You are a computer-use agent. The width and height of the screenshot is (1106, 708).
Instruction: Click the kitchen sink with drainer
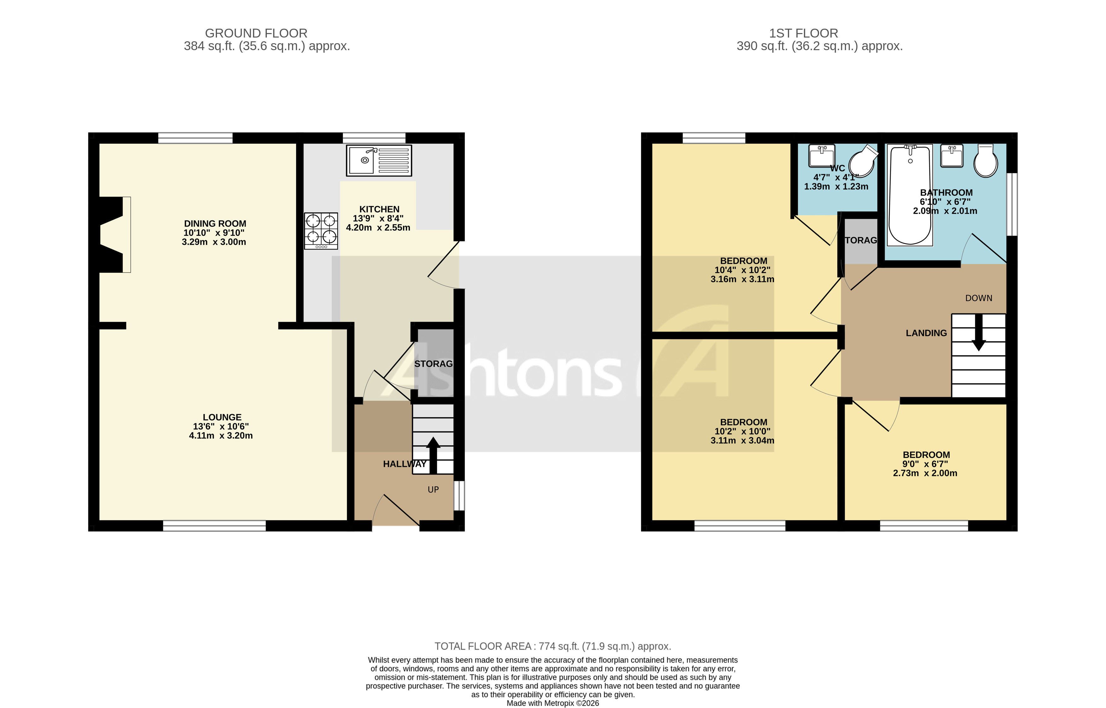coord(379,161)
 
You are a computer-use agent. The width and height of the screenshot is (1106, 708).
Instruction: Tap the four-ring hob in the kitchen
coord(321,231)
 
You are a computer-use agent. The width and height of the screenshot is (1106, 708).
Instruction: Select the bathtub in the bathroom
coord(910,195)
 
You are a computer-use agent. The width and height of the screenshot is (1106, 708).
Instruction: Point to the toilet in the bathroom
coord(986,161)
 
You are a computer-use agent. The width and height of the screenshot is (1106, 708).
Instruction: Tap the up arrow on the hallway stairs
coord(433,455)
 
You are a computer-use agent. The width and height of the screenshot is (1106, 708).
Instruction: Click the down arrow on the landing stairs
coord(978,332)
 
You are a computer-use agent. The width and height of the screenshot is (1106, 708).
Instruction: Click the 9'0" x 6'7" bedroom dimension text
coord(925,464)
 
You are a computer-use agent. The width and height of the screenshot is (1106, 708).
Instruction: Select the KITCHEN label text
coord(379,209)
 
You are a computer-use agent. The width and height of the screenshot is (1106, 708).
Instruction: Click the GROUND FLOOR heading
coord(256,33)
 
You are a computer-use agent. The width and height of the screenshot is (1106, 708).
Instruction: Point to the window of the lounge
coord(214,525)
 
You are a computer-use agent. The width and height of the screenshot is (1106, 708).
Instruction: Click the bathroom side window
coord(1012,204)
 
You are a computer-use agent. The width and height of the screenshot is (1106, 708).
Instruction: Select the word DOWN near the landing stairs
coord(978,298)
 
